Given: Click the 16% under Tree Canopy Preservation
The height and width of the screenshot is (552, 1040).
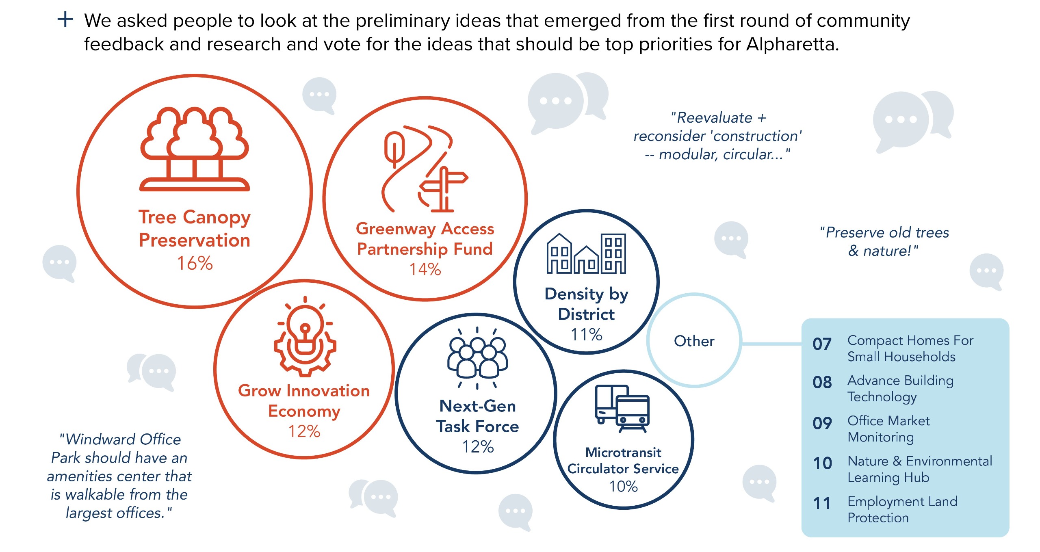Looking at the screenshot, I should tap(195, 263).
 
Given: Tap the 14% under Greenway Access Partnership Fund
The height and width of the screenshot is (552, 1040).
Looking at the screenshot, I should tap(425, 269).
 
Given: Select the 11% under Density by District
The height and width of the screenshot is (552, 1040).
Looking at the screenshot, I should tap(586, 335).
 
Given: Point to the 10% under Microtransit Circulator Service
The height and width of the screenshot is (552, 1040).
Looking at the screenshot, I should tap(623, 486).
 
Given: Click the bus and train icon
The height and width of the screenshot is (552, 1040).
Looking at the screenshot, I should tap(622, 409).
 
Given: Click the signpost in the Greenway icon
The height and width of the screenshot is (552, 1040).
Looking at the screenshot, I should tap(444, 189).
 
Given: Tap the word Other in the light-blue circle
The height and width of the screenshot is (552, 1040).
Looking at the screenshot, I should tap(694, 341).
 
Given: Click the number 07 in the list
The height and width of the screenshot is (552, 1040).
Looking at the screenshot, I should tap(822, 344).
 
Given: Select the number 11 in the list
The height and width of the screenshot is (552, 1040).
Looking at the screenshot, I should tap(822, 504).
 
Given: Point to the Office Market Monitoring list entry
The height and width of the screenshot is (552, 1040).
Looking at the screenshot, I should tap(888, 429).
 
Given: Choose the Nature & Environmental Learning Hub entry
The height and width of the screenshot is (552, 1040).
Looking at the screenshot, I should tap(920, 469).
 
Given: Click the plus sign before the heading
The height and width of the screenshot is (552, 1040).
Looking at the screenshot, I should tap(65, 19).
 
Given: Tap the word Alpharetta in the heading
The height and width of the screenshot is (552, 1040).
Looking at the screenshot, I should tap(792, 44).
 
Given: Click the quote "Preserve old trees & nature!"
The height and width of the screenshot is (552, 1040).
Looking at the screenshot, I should tap(884, 242).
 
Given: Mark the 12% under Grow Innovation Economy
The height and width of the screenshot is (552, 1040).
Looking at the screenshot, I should tap(304, 431).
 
